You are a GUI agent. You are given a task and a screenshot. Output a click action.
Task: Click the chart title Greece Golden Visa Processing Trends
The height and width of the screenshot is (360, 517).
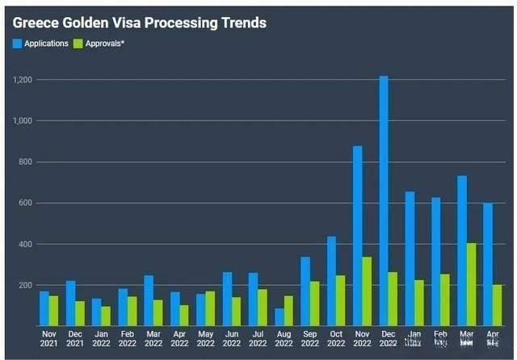(x=140, y=23)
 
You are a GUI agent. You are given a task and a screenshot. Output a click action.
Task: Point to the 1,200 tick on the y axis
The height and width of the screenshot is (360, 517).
(x=22, y=80)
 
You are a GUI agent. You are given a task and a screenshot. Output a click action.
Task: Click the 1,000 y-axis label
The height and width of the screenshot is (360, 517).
(x=22, y=121)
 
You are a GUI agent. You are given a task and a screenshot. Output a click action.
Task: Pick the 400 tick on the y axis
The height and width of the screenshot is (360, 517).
(x=26, y=244)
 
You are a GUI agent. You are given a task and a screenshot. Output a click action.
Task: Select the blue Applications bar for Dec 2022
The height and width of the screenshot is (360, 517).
(x=384, y=201)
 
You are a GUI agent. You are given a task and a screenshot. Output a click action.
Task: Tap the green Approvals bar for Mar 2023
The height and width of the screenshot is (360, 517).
(x=472, y=284)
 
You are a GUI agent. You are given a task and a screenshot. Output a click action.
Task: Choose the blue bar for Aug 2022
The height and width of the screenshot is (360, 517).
(x=280, y=317)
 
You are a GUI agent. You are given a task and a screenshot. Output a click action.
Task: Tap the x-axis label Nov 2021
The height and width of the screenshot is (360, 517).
(x=48, y=337)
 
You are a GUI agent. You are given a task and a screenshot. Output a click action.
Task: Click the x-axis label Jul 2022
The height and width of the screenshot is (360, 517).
(x=258, y=337)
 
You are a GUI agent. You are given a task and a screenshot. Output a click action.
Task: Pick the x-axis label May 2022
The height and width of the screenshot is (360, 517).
(x=205, y=337)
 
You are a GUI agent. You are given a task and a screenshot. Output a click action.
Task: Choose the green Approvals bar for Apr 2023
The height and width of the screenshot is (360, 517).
(x=498, y=305)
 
